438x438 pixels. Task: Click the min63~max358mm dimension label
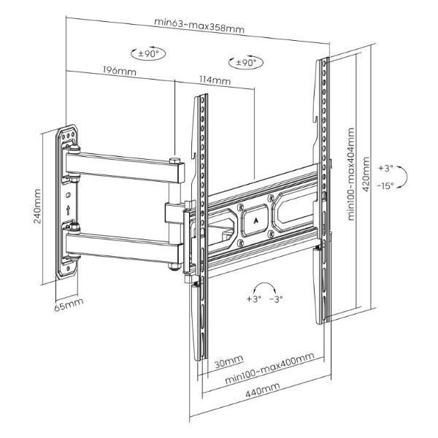[x=199, y=21]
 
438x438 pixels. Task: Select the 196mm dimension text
[x=119, y=71]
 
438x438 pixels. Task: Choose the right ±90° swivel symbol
[x=245, y=63]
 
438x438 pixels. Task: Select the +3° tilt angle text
[x=385, y=168]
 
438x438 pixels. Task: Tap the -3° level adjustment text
[x=277, y=299]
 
